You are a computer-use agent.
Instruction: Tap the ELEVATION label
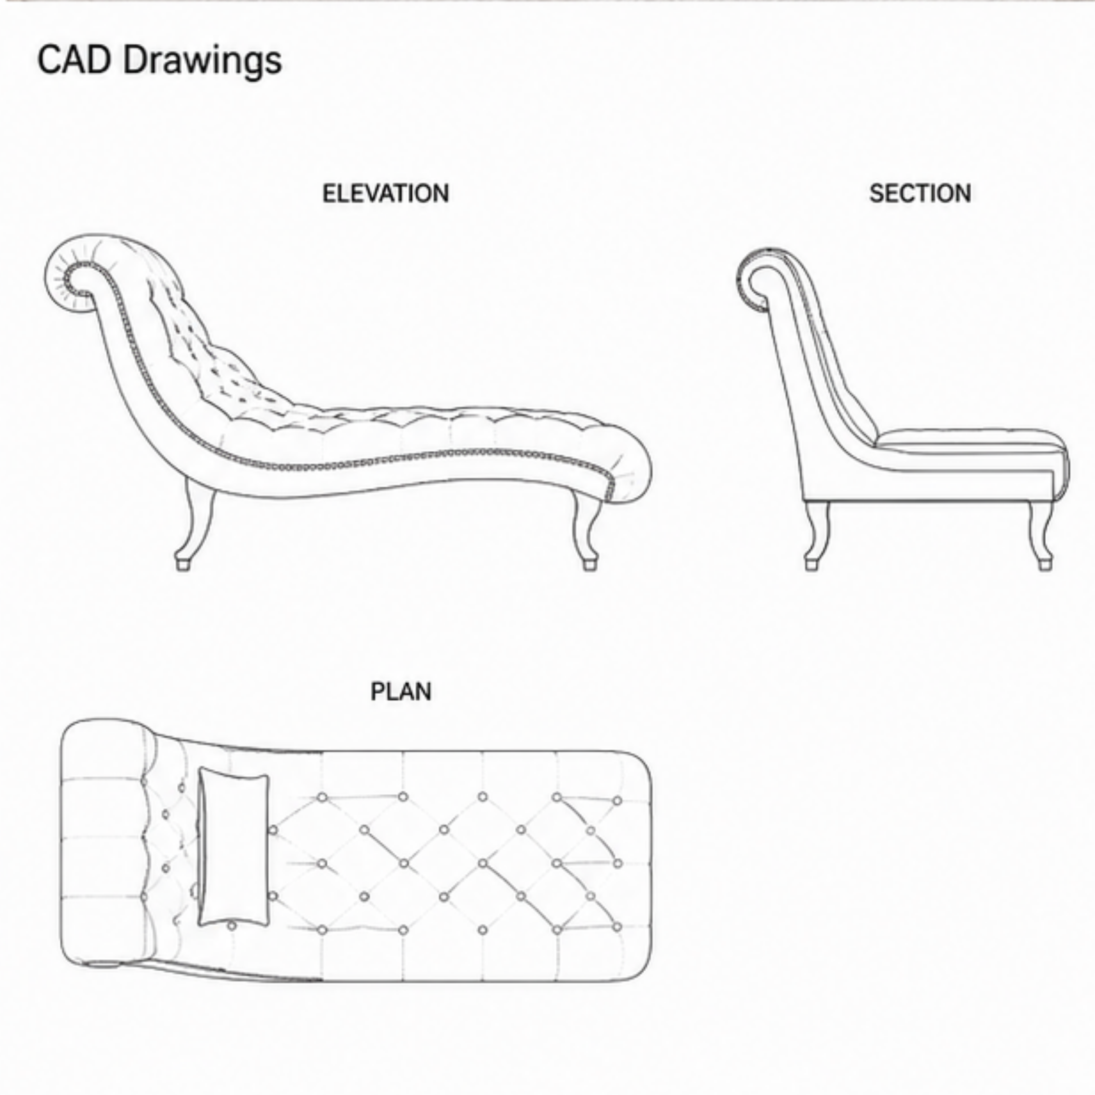[x=386, y=194]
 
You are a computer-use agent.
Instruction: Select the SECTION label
[x=920, y=194]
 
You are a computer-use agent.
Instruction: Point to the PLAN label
[x=401, y=692]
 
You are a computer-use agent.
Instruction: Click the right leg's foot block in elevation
[x=589, y=565]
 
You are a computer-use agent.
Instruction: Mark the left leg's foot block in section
[x=812, y=565]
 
